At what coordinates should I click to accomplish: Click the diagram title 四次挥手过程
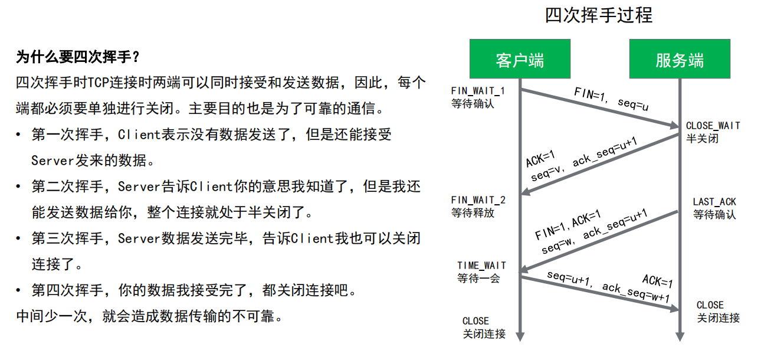(599, 15)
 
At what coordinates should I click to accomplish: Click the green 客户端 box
(520, 59)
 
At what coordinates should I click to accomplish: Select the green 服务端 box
(680, 59)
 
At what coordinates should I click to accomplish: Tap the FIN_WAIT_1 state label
(478, 91)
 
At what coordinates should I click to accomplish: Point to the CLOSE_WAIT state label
(713, 126)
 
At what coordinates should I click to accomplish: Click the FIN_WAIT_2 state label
(478, 200)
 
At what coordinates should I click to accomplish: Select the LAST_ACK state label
(714, 202)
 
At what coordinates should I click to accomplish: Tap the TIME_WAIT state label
(481, 266)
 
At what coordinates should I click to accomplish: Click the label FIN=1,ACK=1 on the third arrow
(568, 225)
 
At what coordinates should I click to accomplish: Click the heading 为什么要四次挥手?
(77, 57)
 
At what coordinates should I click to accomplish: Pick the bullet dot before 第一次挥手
(19, 135)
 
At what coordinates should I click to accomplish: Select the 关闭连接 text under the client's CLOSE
(484, 334)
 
